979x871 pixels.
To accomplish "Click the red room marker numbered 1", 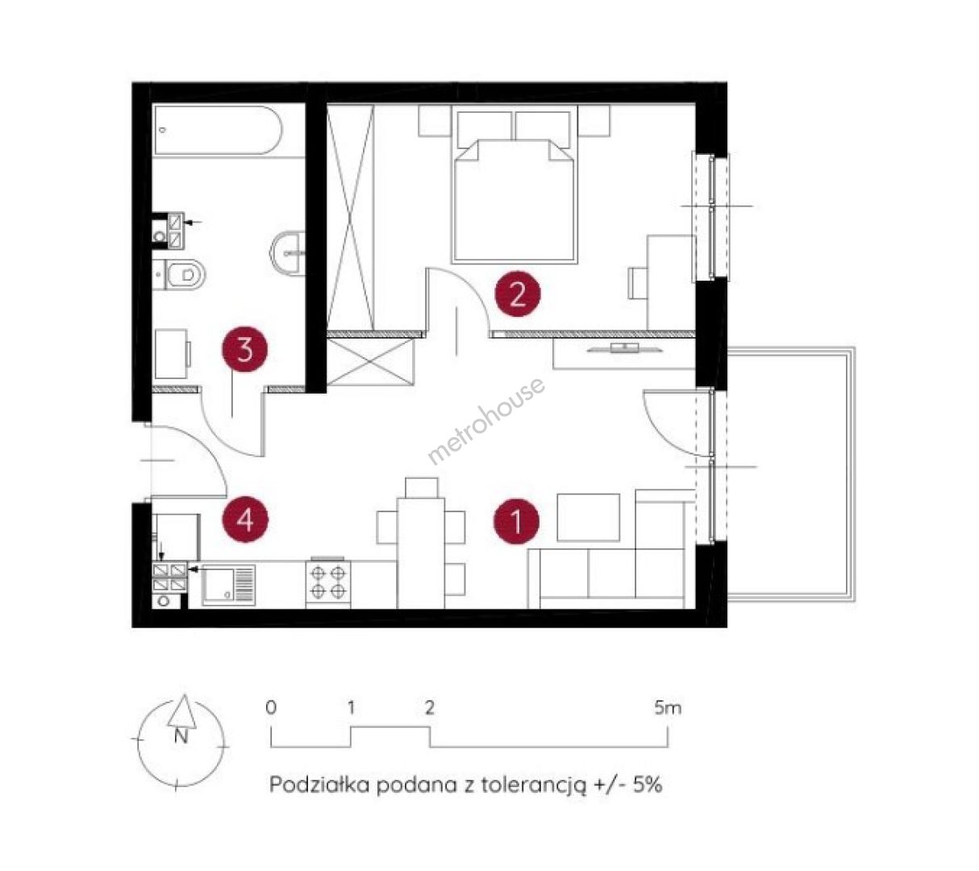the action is point(515,522).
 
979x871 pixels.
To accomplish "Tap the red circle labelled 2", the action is point(518,294).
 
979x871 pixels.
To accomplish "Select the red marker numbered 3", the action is point(244,349).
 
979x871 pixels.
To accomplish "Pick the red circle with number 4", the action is point(244,520).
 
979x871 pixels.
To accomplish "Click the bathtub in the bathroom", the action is point(218,131).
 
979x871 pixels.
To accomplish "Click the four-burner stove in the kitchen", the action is point(328,582).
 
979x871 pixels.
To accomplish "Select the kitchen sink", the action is point(228,585).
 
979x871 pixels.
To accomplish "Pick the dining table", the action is point(420,553).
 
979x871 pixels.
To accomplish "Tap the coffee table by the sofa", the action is point(588,517).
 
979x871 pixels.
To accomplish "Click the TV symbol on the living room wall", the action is point(624,348).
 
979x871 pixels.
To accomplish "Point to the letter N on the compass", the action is point(181,736).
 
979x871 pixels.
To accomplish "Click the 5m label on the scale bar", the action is point(668,709).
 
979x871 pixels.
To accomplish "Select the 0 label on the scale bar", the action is point(271,708).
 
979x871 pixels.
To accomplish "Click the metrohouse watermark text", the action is point(486,420).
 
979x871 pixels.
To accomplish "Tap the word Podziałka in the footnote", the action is point(319,785).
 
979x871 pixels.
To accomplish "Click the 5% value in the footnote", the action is point(647,785).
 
